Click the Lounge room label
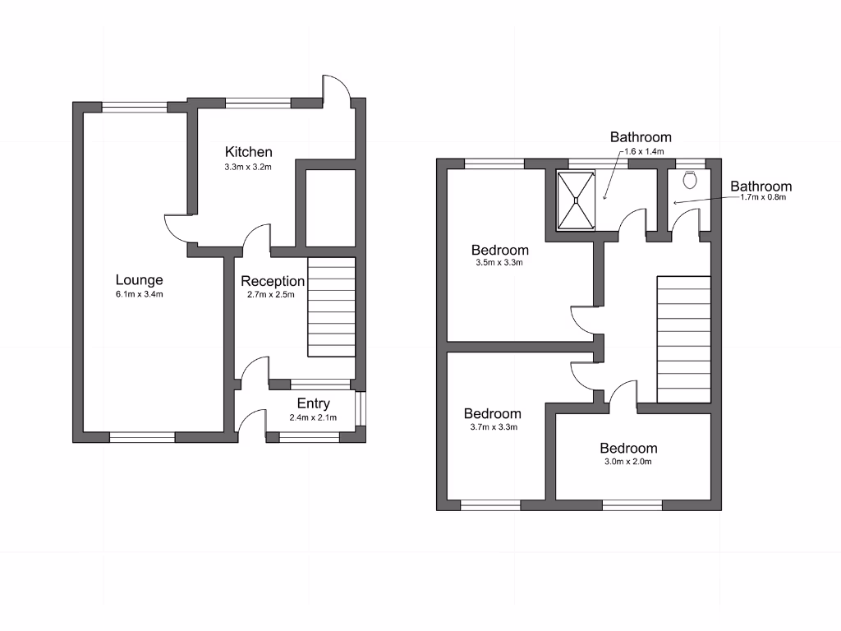[139, 280]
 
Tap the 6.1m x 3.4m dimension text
[139, 295]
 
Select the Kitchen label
[248, 152]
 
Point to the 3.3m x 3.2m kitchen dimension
[248, 167]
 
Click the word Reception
[273, 281]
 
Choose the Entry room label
[313, 403]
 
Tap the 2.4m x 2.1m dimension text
[313, 417]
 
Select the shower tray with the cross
[576, 199]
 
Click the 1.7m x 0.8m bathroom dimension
[763, 197]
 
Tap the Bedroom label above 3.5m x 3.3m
[499, 250]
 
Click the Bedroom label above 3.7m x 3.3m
[492, 413]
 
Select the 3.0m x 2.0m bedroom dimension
[628, 462]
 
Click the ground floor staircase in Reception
[331, 307]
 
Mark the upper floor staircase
[683, 339]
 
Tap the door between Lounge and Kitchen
[178, 226]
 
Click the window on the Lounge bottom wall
[142, 437]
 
